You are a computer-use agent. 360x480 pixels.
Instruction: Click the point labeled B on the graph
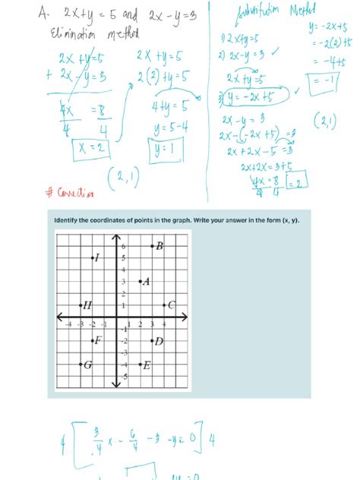click(152, 246)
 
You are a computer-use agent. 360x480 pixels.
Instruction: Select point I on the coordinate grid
click(92, 258)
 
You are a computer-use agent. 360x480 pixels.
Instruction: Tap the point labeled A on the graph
click(140, 282)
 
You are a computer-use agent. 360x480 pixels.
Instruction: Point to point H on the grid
click(81, 305)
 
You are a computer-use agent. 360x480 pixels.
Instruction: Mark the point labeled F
click(92, 340)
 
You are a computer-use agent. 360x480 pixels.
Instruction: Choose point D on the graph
click(152, 340)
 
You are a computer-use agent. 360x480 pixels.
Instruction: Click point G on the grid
click(81, 365)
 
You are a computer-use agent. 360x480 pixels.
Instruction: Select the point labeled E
click(140, 365)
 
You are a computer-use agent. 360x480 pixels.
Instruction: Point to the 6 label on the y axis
click(122, 247)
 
